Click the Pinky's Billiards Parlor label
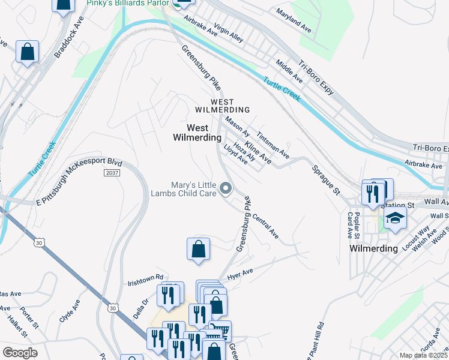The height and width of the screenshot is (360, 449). point(128,4)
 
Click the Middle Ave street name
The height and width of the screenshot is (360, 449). point(289,71)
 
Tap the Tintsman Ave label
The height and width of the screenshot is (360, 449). point(273,145)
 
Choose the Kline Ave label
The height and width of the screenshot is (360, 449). point(258,151)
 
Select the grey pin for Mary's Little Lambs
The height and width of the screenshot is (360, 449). point(226,189)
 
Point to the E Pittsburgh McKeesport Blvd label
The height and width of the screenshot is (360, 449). point(79,179)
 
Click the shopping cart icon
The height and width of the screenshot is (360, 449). point(220,330)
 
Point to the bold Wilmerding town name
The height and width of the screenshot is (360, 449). point(373,248)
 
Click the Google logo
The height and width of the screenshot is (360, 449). point(20,353)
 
